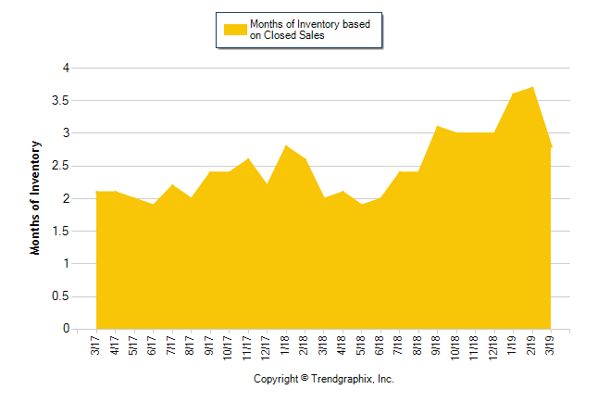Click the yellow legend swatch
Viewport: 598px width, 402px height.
(x=235, y=30)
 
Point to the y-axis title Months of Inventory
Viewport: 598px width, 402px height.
(x=37, y=197)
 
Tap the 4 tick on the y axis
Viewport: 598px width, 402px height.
(x=66, y=68)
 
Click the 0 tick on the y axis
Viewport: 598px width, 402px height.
(x=66, y=329)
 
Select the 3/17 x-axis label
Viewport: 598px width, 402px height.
(x=96, y=345)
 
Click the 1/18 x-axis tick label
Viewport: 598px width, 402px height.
(x=286, y=345)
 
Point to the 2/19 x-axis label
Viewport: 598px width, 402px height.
(x=532, y=345)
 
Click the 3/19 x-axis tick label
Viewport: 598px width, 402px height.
(x=552, y=345)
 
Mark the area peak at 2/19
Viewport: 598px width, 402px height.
(x=532, y=87)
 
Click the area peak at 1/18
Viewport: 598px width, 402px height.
(x=286, y=145)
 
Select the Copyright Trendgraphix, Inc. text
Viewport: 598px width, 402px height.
(x=324, y=379)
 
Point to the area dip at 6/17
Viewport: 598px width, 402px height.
(x=153, y=204)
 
